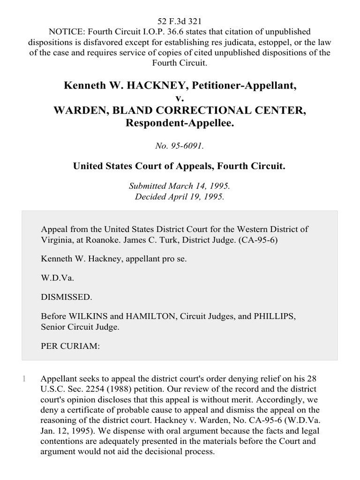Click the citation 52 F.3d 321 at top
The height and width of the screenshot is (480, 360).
180,22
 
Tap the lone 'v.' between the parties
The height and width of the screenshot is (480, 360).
180,98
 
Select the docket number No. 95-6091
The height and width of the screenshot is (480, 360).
180,146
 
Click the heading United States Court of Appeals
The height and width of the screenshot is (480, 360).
180,165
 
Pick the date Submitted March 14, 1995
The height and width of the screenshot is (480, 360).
180,187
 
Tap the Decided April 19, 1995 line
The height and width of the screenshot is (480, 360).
180,197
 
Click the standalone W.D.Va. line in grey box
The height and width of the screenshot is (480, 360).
58,277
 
